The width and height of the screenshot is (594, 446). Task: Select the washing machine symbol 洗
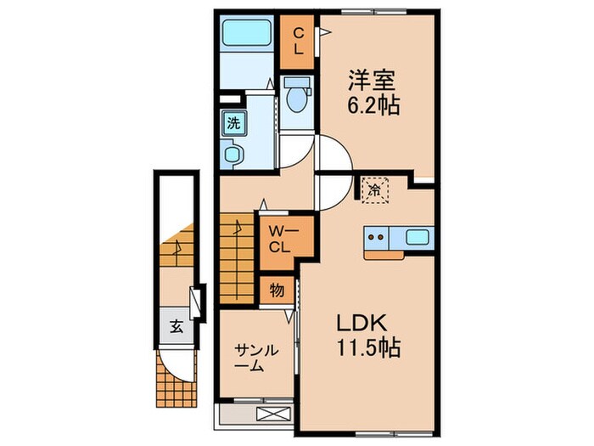233,121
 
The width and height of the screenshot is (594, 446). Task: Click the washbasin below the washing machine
233,155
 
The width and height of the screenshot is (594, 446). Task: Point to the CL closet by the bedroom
299,41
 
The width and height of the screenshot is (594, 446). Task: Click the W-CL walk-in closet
281,239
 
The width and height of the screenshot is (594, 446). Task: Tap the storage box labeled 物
277,291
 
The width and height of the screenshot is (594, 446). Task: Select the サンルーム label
255,358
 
